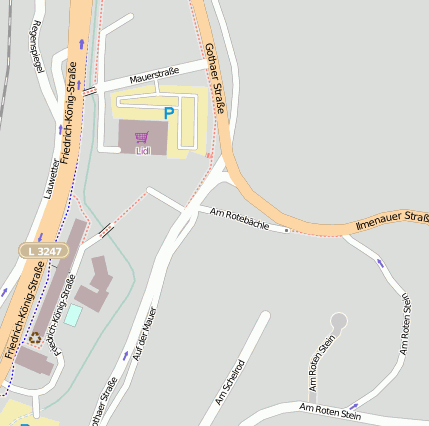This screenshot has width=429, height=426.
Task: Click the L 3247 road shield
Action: (44, 249)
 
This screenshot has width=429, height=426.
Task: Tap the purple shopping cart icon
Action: (141, 137)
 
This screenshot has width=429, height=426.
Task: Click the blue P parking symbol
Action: (168, 114)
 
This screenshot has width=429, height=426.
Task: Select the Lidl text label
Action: (142, 151)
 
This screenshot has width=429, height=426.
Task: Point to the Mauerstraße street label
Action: (154, 73)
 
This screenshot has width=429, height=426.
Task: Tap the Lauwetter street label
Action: (53, 177)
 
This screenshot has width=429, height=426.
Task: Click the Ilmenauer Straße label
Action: (392, 222)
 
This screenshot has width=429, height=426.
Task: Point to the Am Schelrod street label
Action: (231, 382)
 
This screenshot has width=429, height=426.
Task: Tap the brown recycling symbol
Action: (36, 338)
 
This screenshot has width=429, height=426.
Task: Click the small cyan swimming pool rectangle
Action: (73, 314)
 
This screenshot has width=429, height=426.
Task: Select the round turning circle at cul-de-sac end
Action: (339, 321)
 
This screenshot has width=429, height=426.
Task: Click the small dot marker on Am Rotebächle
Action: (287, 230)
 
